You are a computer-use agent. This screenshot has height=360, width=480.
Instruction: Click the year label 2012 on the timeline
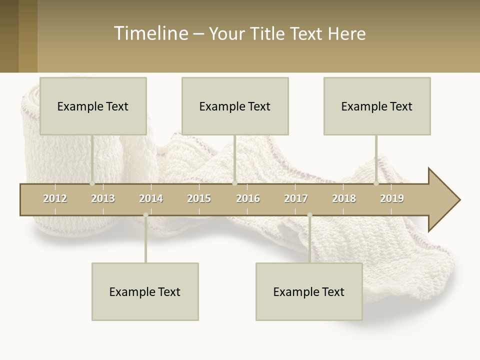click(55, 198)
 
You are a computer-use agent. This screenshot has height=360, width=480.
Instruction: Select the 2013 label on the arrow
click(103, 198)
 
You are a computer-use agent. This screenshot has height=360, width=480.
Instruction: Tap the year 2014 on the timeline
click(151, 198)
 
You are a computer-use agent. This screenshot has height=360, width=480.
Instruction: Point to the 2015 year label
click(199, 198)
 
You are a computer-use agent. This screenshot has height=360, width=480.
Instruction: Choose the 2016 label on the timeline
click(248, 198)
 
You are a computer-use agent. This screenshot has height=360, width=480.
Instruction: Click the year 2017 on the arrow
click(296, 198)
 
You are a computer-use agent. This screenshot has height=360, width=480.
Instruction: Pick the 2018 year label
click(344, 198)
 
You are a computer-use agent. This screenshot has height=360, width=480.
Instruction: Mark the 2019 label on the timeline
click(392, 198)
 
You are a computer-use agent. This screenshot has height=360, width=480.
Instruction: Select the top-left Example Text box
click(93, 106)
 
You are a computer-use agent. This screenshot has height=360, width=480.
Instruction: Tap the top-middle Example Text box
click(235, 106)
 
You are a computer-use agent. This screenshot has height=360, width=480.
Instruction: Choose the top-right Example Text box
click(377, 106)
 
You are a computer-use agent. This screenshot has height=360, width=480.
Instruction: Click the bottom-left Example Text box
click(145, 291)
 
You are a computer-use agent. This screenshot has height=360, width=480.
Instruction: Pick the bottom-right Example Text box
click(309, 291)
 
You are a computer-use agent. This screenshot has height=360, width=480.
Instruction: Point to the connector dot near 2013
click(92, 183)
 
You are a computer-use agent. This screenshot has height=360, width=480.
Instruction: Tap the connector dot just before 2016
click(234, 183)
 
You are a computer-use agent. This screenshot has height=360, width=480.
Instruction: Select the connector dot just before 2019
click(376, 183)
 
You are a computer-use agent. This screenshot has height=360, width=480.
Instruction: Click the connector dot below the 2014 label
click(145, 215)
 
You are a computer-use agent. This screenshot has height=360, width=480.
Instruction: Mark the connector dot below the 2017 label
click(309, 215)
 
